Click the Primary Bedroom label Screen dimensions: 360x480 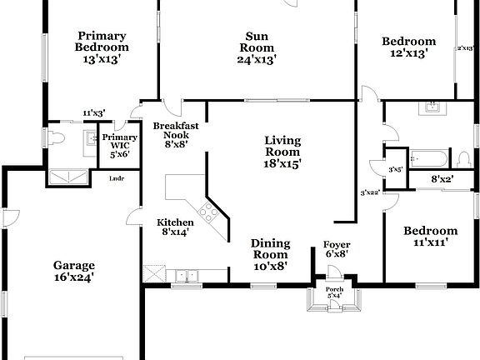pos(102,47)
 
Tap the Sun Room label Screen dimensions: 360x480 pos(256,47)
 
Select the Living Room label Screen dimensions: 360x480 pos(282,152)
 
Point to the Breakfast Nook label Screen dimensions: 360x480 pos(175,134)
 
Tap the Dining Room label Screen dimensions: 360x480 pos(271,255)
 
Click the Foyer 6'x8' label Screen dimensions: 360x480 pos(336,249)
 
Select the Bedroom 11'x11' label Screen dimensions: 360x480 pos(430,237)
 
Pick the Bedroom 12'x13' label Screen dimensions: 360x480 pos(408,47)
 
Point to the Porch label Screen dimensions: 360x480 pos(334,292)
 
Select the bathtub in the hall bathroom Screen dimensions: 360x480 pos(425,157)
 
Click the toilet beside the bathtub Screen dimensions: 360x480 pos(463,158)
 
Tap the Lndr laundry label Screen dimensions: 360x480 pos(117,177)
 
